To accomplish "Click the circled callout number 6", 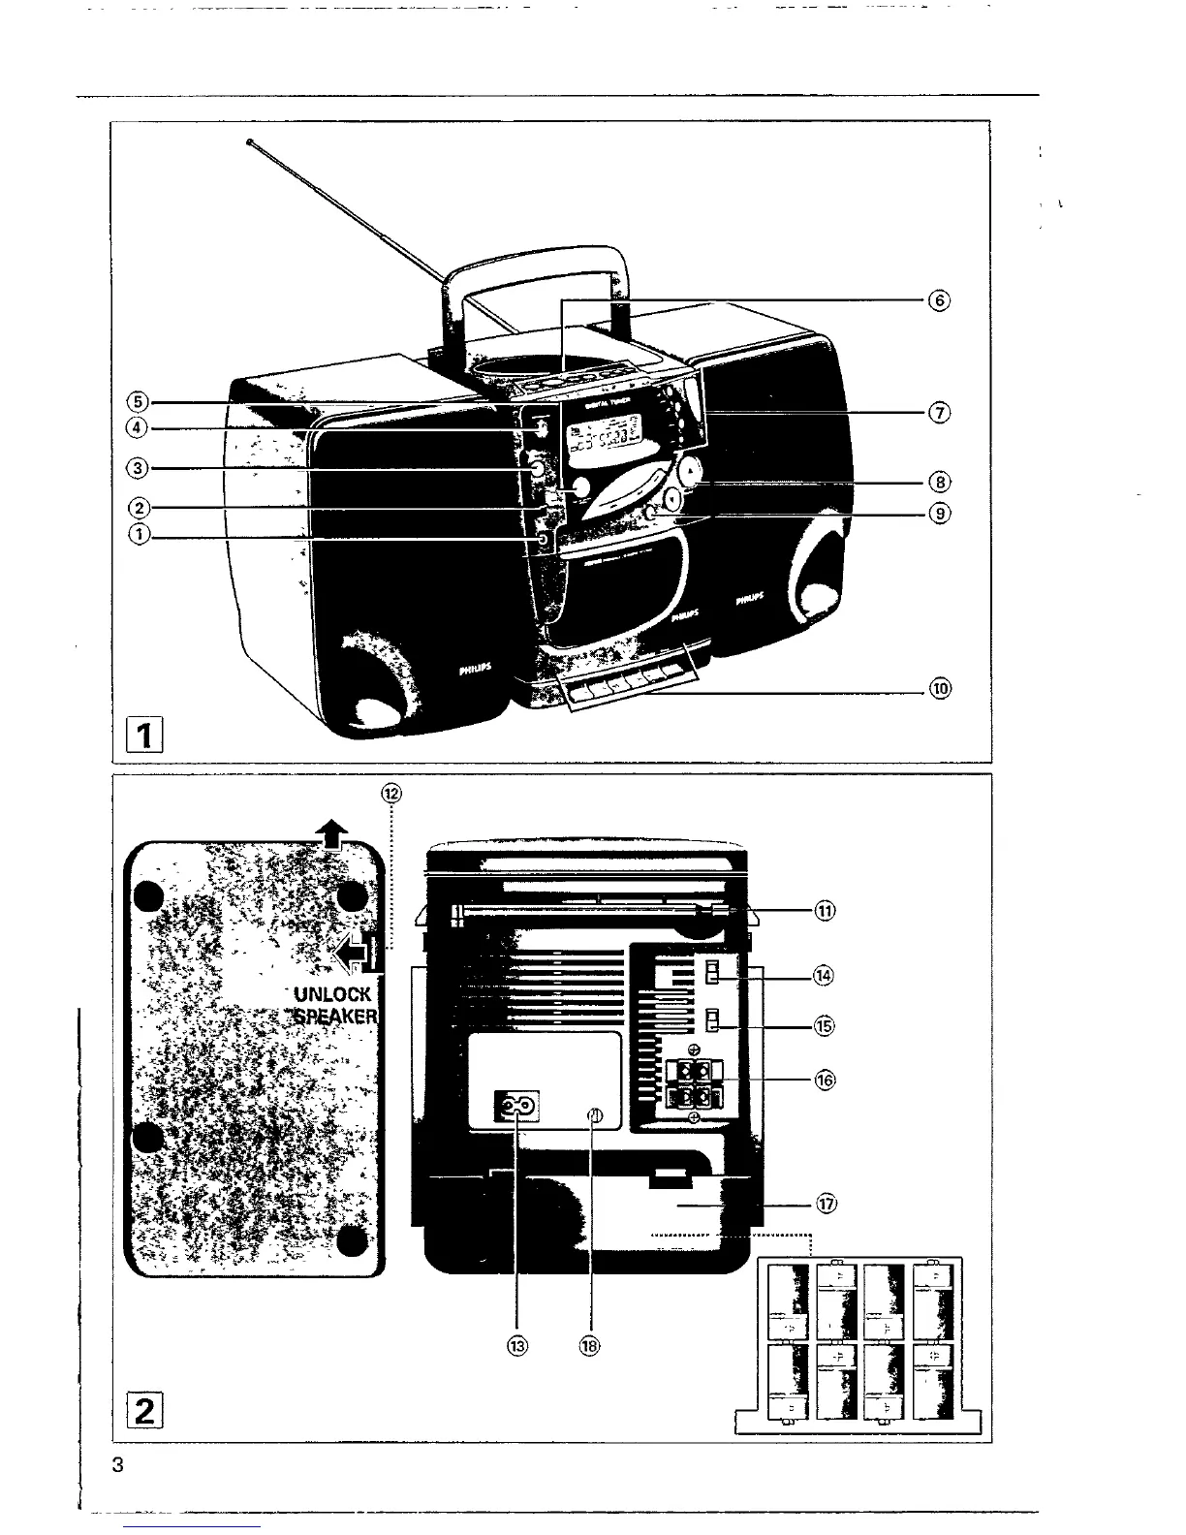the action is pos(938,299).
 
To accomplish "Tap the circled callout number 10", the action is pos(938,690).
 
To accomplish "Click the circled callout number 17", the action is pos(827,1205).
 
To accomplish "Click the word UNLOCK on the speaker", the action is pos(332,993).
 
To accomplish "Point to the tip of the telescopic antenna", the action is pos(249,142).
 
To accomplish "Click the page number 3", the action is pos(118,1464).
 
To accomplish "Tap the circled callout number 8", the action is pos(938,482).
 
